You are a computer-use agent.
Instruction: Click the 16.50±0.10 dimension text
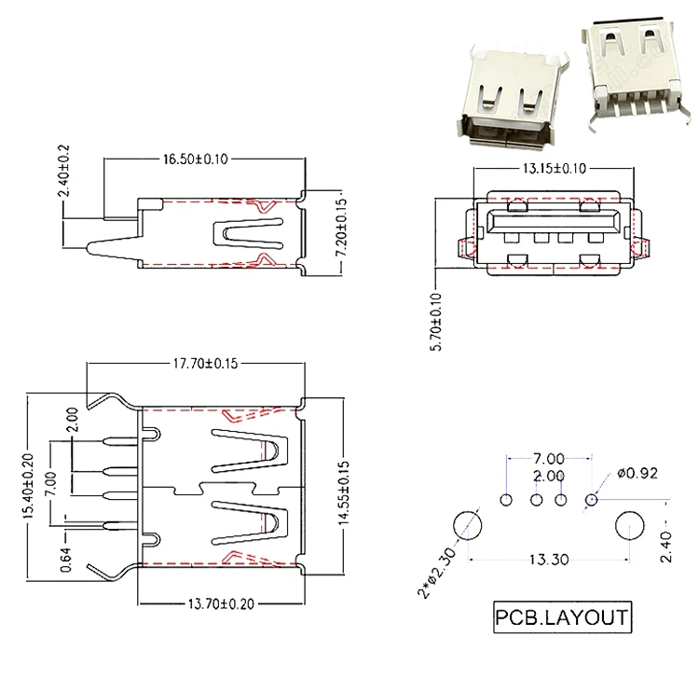pos(196,159)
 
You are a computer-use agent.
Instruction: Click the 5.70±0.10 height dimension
pos(437,320)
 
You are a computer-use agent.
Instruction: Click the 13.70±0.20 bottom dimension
pos(220,604)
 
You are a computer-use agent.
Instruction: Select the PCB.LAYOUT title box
pos(561,617)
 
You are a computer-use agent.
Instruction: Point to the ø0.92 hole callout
pos(637,473)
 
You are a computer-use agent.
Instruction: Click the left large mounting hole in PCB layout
pos(469,526)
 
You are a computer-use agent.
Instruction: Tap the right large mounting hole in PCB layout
pos(631,525)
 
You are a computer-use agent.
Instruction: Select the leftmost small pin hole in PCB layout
pos(507,500)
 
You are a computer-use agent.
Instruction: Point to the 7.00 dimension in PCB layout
pos(549,458)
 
